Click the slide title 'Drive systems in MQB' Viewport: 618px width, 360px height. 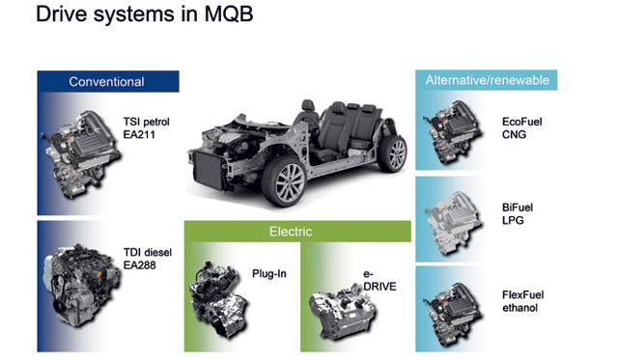144,14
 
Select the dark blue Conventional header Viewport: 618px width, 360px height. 108,81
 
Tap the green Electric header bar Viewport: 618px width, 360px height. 297,232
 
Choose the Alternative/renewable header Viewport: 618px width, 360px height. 487,80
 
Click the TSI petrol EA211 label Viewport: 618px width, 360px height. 146,128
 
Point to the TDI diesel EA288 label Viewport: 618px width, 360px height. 148,259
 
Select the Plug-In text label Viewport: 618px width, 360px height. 269,274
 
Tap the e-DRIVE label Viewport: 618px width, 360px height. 379,280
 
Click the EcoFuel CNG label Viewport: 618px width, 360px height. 521,128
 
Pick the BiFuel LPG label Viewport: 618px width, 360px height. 518,214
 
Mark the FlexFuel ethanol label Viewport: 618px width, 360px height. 522,301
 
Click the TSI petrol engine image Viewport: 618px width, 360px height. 82,153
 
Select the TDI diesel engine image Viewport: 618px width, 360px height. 82,286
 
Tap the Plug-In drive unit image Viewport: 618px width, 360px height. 218,300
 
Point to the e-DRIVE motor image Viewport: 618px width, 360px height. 342,312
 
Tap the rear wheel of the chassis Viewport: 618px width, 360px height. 393,153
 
